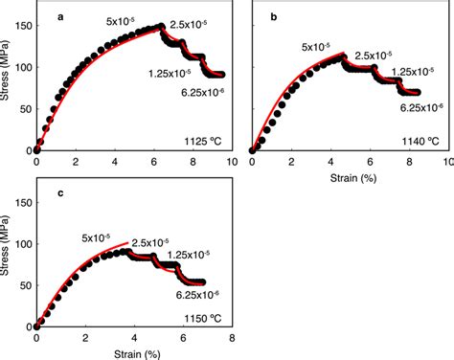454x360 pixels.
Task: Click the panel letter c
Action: [59, 194]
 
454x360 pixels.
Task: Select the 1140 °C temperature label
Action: [420, 142]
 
